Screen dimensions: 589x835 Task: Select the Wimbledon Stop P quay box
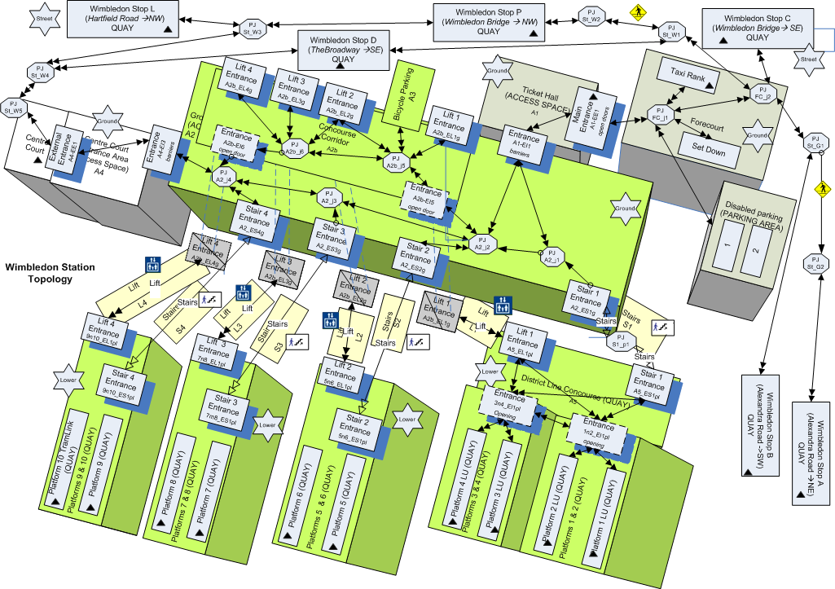coord(488,20)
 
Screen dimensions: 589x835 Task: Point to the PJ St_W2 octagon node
coord(591,15)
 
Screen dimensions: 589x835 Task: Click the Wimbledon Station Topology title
coord(50,273)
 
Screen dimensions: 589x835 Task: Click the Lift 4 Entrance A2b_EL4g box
coord(244,82)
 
